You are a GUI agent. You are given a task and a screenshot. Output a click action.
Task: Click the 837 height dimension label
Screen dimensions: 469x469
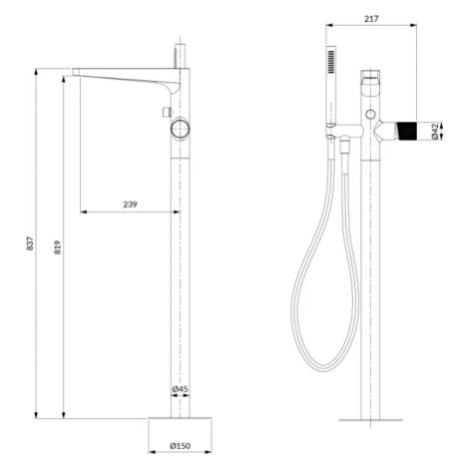pyautogui.click(x=30, y=243)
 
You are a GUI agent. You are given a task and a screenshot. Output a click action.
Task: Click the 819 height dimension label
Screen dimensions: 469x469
pyautogui.click(x=58, y=247)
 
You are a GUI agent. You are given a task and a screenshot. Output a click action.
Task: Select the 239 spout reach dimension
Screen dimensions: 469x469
pyautogui.click(x=130, y=205)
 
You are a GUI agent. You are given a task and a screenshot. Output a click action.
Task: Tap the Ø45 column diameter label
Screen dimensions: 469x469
pyautogui.click(x=180, y=388)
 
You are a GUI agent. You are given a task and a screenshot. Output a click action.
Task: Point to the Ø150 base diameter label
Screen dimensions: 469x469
pyautogui.click(x=180, y=446)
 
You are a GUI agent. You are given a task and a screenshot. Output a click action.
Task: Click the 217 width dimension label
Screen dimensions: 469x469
pyautogui.click(x=371, y=19)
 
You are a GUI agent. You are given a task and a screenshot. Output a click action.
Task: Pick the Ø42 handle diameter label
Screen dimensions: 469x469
pyautogui.click(x=435, y=132)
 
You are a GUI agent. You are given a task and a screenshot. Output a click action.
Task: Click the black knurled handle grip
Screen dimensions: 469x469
pyautogui.click(x=406, y=131)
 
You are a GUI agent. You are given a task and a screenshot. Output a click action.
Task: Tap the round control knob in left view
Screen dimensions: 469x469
pyautogui.click(x=181, y=129)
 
